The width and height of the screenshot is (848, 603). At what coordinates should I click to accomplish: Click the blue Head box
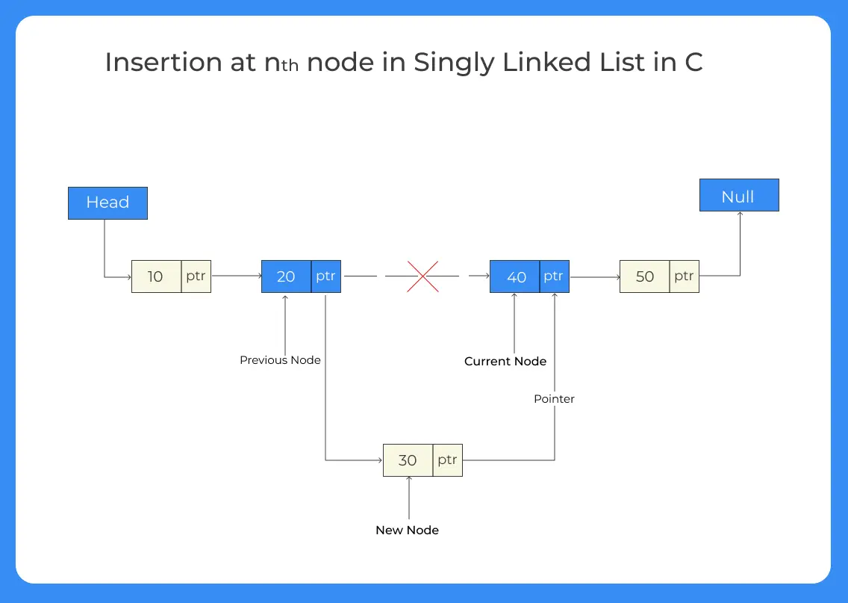click(107, 202)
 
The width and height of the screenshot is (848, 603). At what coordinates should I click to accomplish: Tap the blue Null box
click(738, 195)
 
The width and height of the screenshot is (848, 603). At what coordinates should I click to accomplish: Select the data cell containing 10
click(156, 276)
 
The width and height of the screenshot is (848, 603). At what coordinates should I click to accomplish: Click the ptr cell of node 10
click(196, 276)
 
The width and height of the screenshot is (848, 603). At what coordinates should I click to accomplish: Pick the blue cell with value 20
click(286, 276)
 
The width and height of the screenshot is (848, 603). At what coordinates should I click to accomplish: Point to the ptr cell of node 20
click(325, 276)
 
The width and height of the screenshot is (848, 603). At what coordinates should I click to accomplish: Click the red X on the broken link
click(423, 276)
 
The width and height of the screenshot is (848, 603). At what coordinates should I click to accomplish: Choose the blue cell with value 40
click(515, 276)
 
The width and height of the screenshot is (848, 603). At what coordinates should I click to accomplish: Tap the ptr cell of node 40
click(553, 276)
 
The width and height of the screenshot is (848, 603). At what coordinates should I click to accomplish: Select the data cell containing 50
click(644, 276)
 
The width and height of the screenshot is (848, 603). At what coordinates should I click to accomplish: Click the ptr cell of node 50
click(684, 276)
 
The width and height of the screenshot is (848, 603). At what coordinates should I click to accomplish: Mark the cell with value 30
click(408, 460)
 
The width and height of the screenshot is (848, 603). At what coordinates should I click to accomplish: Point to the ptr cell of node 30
click(447, 460)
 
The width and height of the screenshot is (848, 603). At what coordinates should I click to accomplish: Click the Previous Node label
click(280, 360)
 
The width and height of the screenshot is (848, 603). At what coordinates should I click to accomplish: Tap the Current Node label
click(505, 362)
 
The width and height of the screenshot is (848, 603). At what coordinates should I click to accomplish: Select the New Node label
click(407, 530)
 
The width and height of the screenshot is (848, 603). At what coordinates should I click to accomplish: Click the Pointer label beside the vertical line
click(554, 399)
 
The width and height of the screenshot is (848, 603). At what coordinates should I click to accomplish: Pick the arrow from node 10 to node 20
click(236, 276)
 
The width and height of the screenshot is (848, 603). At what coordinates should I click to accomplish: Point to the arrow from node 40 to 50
click(594, 277)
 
